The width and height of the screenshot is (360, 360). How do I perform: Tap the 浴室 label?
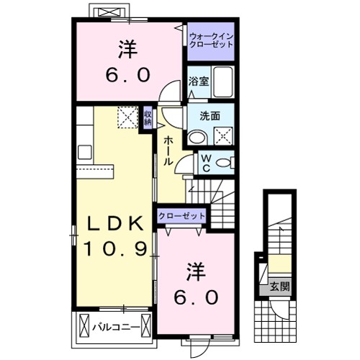[x=198, y=81]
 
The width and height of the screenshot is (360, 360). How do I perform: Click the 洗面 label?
[x=210, y=116]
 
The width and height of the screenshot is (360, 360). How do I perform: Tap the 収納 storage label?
[x=147, y=117]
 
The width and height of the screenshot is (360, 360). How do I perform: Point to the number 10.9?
[x=114, y=250]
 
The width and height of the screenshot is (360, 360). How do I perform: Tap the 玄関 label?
[x=279, y=287]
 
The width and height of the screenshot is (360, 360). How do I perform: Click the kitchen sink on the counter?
[x=84, y=152]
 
